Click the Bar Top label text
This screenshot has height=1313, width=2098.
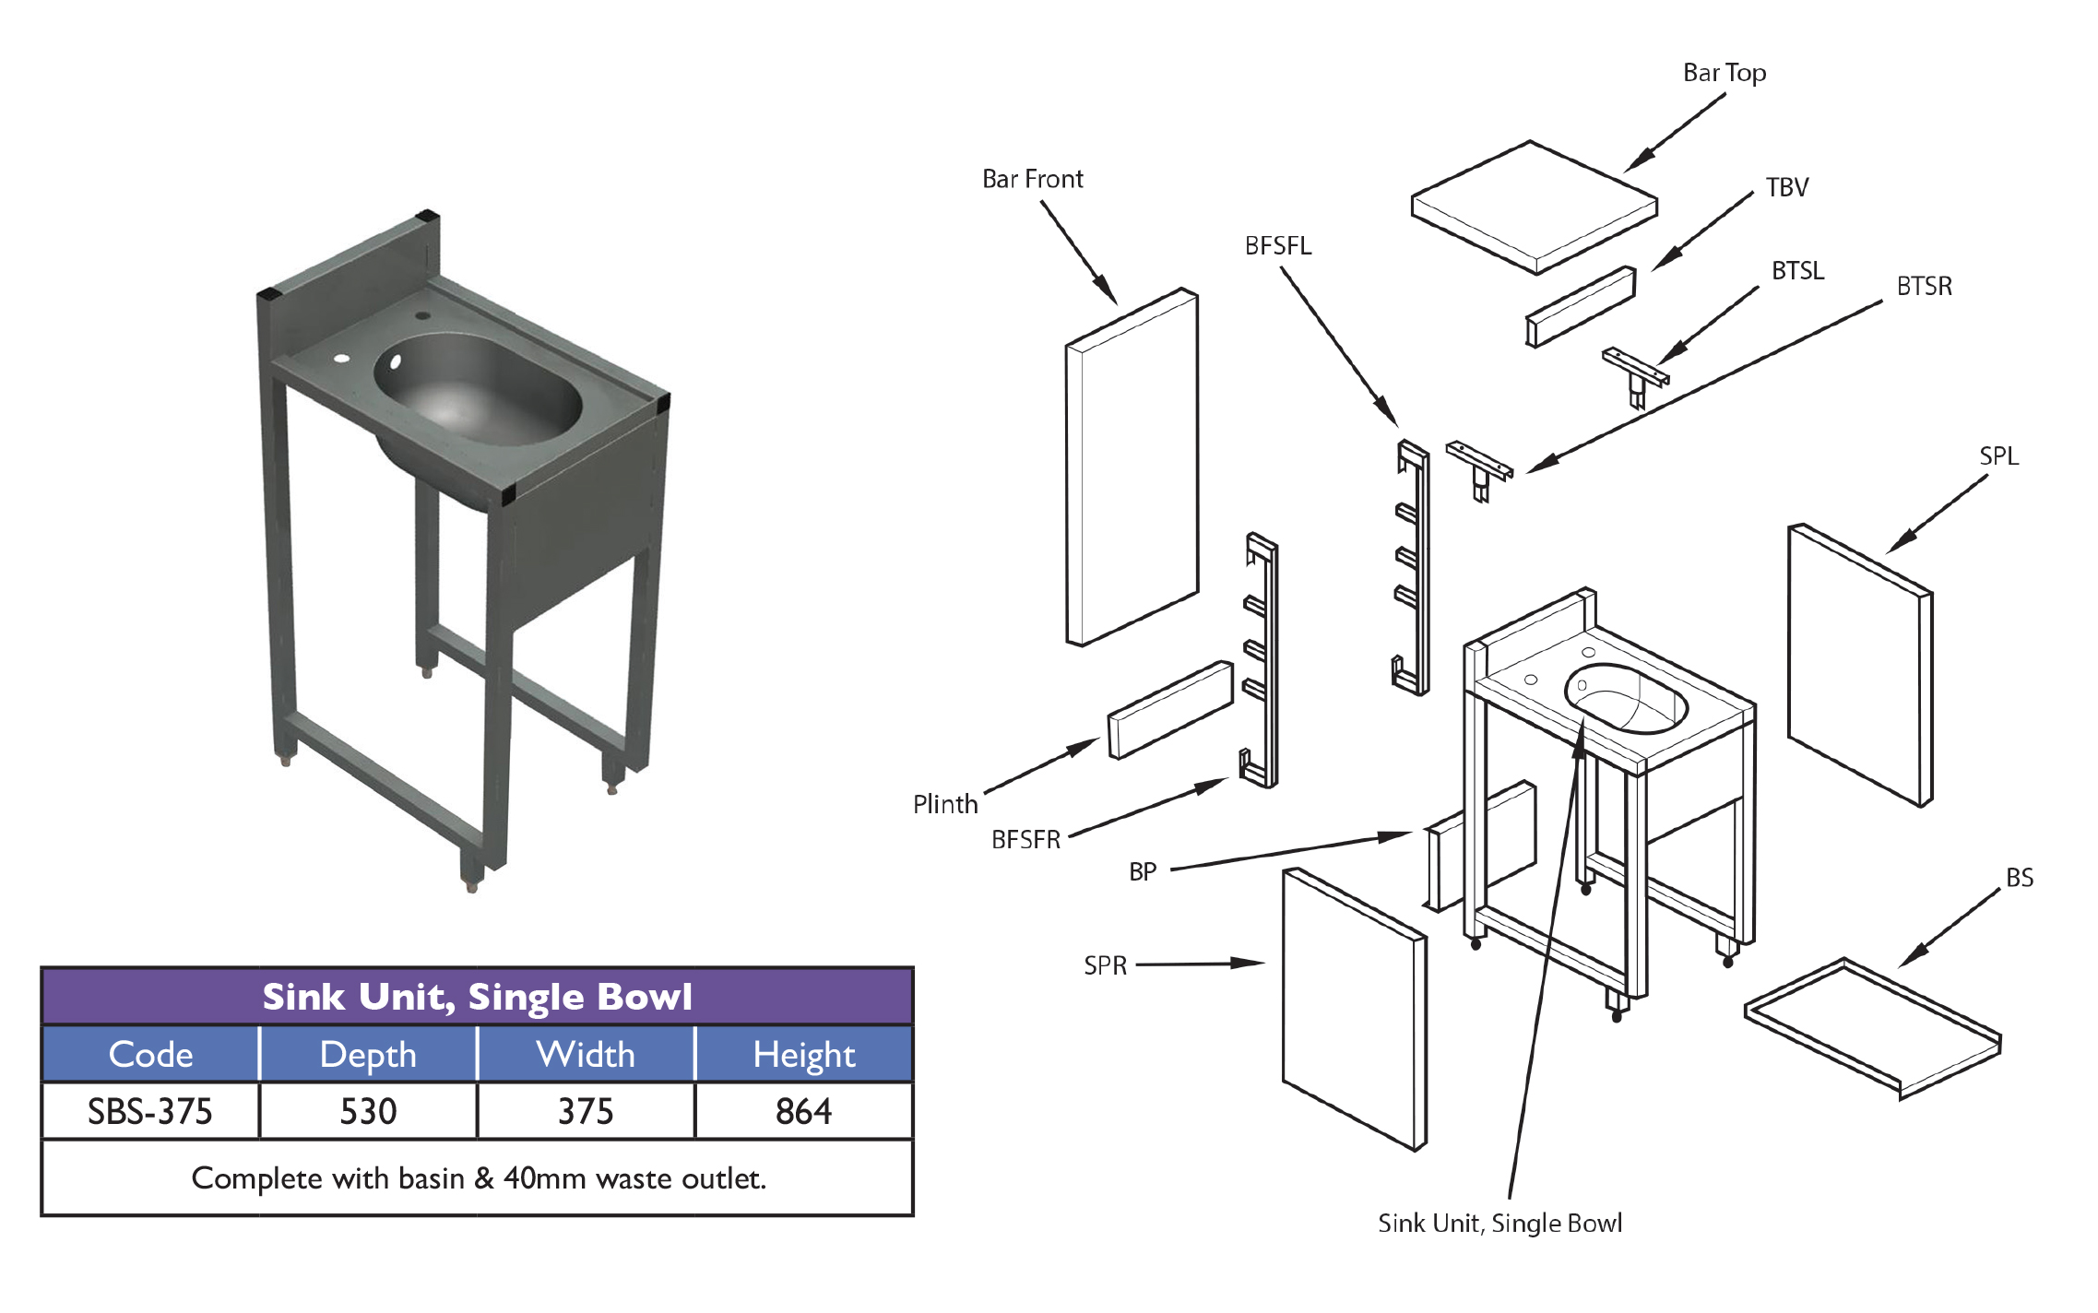coord(1724,73)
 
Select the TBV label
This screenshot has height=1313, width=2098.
coord(1786,188)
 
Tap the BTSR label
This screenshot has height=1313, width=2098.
coord(1924,287)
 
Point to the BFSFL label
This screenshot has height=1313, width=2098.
coord(1277,246)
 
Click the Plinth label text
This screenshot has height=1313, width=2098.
coord(944,804)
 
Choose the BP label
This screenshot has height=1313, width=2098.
coord(1142,872)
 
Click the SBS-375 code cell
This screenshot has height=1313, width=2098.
coord(150,1111)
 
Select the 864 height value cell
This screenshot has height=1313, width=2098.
coord(803,1111)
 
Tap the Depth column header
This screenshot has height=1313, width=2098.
coord(368,1054)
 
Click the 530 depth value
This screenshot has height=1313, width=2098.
coord(368,1111)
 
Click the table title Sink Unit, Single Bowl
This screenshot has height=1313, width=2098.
coord(477,997)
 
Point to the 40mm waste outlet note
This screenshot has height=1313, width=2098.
coord(479,1178)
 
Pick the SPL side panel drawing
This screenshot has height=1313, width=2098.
coord(1858,664)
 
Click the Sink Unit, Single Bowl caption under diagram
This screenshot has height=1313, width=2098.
coord(1499,1224)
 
